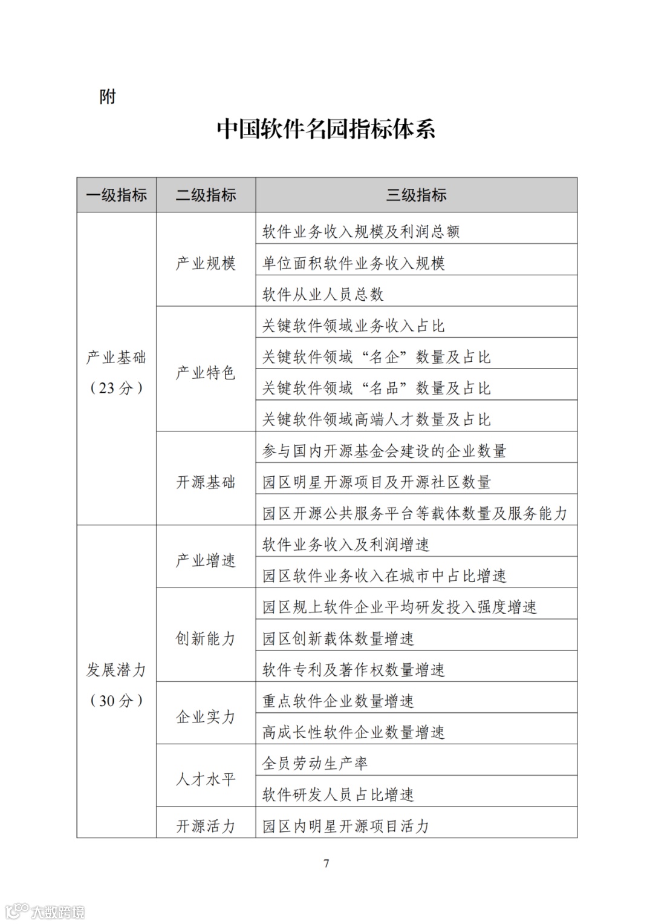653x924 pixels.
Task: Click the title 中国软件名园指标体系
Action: click(x=326, y=129)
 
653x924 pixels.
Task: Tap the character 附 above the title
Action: click(x=108, y=97)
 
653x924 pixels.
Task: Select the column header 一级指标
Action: click(x=117, y=195)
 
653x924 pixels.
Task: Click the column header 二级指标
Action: click(x=206, y=195)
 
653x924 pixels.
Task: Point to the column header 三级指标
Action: click(x=416, y=195)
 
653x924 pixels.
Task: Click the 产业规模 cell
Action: click(x=206, y=263)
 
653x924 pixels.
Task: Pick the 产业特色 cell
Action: click(x=206, y=373)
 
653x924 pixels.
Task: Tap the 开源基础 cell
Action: click(x=206, y=482)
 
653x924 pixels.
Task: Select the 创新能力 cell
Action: click(x=206, y=638)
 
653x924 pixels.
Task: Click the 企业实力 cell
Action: click(x=206, y=717)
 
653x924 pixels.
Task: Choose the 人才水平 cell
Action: click(x=206, y=779)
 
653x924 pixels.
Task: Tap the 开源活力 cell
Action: click(x=206, y=826)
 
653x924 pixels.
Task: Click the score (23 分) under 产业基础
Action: click(x=117, y=388)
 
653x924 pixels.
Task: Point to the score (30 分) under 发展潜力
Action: click(x=117, y=701)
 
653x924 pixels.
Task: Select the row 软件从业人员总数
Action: click(x=323, y=295)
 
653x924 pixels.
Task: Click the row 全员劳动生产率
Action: click(x=315, y=764)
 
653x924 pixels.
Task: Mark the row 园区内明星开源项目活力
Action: click(x=346, y=826)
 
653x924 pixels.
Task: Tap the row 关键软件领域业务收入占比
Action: click(x=354, y=326)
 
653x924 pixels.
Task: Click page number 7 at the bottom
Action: click(x=326, y=863)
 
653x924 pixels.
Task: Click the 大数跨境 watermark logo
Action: click(x=46, y=911)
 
